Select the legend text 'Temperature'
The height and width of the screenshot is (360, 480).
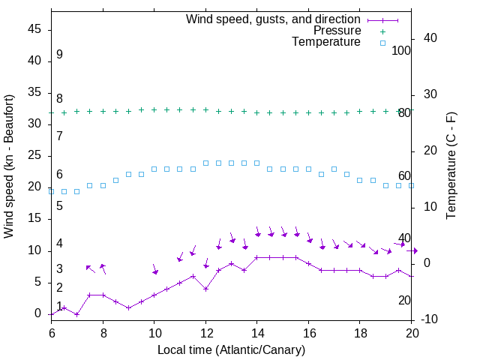326,42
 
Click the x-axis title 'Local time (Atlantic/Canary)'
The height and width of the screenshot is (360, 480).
231,350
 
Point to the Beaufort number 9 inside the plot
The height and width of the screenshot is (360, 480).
59,55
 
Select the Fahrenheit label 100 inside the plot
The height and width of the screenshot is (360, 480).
401,50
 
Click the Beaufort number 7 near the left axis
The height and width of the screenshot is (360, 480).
59,136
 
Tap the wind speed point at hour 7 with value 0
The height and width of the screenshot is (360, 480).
76,314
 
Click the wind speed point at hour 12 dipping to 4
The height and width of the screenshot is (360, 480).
205,289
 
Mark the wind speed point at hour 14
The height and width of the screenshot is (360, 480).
257,257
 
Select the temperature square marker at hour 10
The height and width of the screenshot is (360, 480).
154,169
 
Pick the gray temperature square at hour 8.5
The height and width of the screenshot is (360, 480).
115,180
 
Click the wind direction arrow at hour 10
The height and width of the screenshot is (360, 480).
154,269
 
